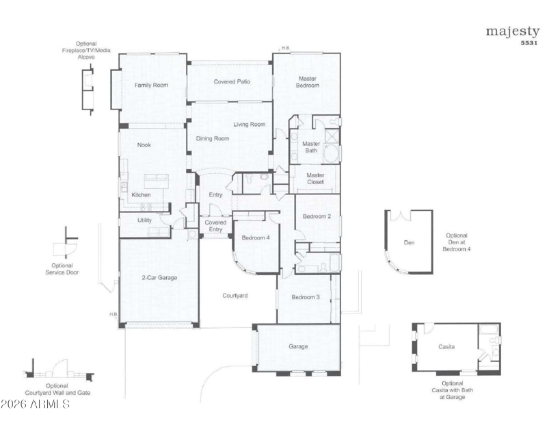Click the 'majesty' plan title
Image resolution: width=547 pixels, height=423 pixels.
512,32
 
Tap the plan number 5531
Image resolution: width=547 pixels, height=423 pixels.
529,43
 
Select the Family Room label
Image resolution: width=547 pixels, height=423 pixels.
151,85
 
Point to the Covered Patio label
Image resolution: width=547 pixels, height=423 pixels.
232,81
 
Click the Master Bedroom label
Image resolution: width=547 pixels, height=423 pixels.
307,82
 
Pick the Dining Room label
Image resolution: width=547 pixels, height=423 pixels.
213,138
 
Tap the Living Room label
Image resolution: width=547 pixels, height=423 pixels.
249,124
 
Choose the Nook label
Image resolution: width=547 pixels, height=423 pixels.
144,144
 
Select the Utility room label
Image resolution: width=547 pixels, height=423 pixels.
144,220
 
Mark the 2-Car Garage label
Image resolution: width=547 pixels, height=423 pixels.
159,278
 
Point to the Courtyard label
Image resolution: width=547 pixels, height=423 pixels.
235,296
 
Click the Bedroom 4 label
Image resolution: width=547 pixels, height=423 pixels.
256,238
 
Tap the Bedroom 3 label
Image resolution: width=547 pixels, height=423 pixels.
306,297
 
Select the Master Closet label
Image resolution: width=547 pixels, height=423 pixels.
315,179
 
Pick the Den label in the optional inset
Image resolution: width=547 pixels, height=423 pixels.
409,242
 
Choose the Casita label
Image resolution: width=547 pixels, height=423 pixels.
446,346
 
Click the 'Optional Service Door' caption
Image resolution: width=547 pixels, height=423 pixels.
62,269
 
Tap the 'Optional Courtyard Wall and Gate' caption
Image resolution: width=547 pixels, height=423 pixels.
57,389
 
